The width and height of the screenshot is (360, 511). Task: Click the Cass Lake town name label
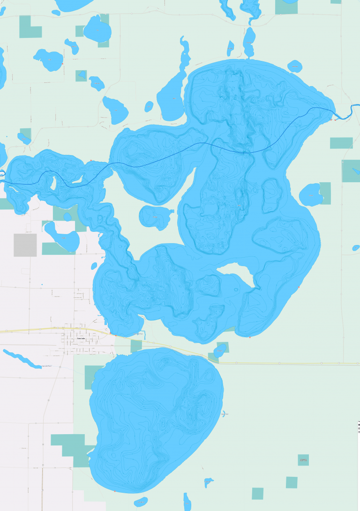click(x=81, y=339)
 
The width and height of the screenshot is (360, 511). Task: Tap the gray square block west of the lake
click(x=25, y=245)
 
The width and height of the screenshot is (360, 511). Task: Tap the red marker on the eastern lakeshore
click(x=299, y=287)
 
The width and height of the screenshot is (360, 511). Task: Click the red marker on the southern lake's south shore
click(x=114, y=491)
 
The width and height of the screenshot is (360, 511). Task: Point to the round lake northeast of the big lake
click(x=294, y=66)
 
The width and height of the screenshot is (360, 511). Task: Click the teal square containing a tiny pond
click(x=81, y=75)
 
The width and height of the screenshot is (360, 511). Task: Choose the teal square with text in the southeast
click(x=303, y=460)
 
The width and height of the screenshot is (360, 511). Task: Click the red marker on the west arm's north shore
click(x=91, y=161)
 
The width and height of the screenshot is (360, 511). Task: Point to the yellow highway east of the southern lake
click(x=281, y=363)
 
